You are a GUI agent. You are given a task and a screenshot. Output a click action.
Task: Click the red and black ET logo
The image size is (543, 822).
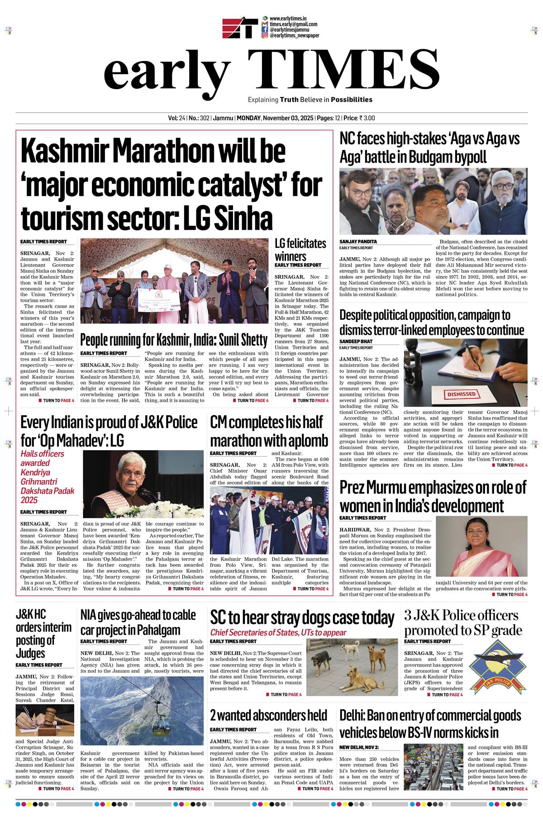point(240,28)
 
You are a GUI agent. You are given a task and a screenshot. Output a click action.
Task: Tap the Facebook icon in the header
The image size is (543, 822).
point(265,29)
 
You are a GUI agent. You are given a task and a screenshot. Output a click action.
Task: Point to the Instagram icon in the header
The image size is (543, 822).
point(265,35)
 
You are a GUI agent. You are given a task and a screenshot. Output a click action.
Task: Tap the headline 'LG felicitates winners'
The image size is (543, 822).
point(300,250)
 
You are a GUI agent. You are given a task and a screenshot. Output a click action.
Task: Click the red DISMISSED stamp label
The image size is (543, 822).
point(461,394)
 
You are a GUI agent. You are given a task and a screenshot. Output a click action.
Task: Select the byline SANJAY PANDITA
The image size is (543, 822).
point(358,242)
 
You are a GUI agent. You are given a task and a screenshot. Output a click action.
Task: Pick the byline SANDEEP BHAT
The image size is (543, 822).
point(356,341)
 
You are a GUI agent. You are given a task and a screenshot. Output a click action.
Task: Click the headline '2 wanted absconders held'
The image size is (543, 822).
point(268,715)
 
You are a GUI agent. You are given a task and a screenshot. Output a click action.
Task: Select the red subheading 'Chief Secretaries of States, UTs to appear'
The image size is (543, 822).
point(278,632)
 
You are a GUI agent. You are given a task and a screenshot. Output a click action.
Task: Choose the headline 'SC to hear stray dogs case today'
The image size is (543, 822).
point(302,617)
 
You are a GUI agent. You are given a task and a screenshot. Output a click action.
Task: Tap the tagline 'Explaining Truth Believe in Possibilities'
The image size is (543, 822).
point(310,99)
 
